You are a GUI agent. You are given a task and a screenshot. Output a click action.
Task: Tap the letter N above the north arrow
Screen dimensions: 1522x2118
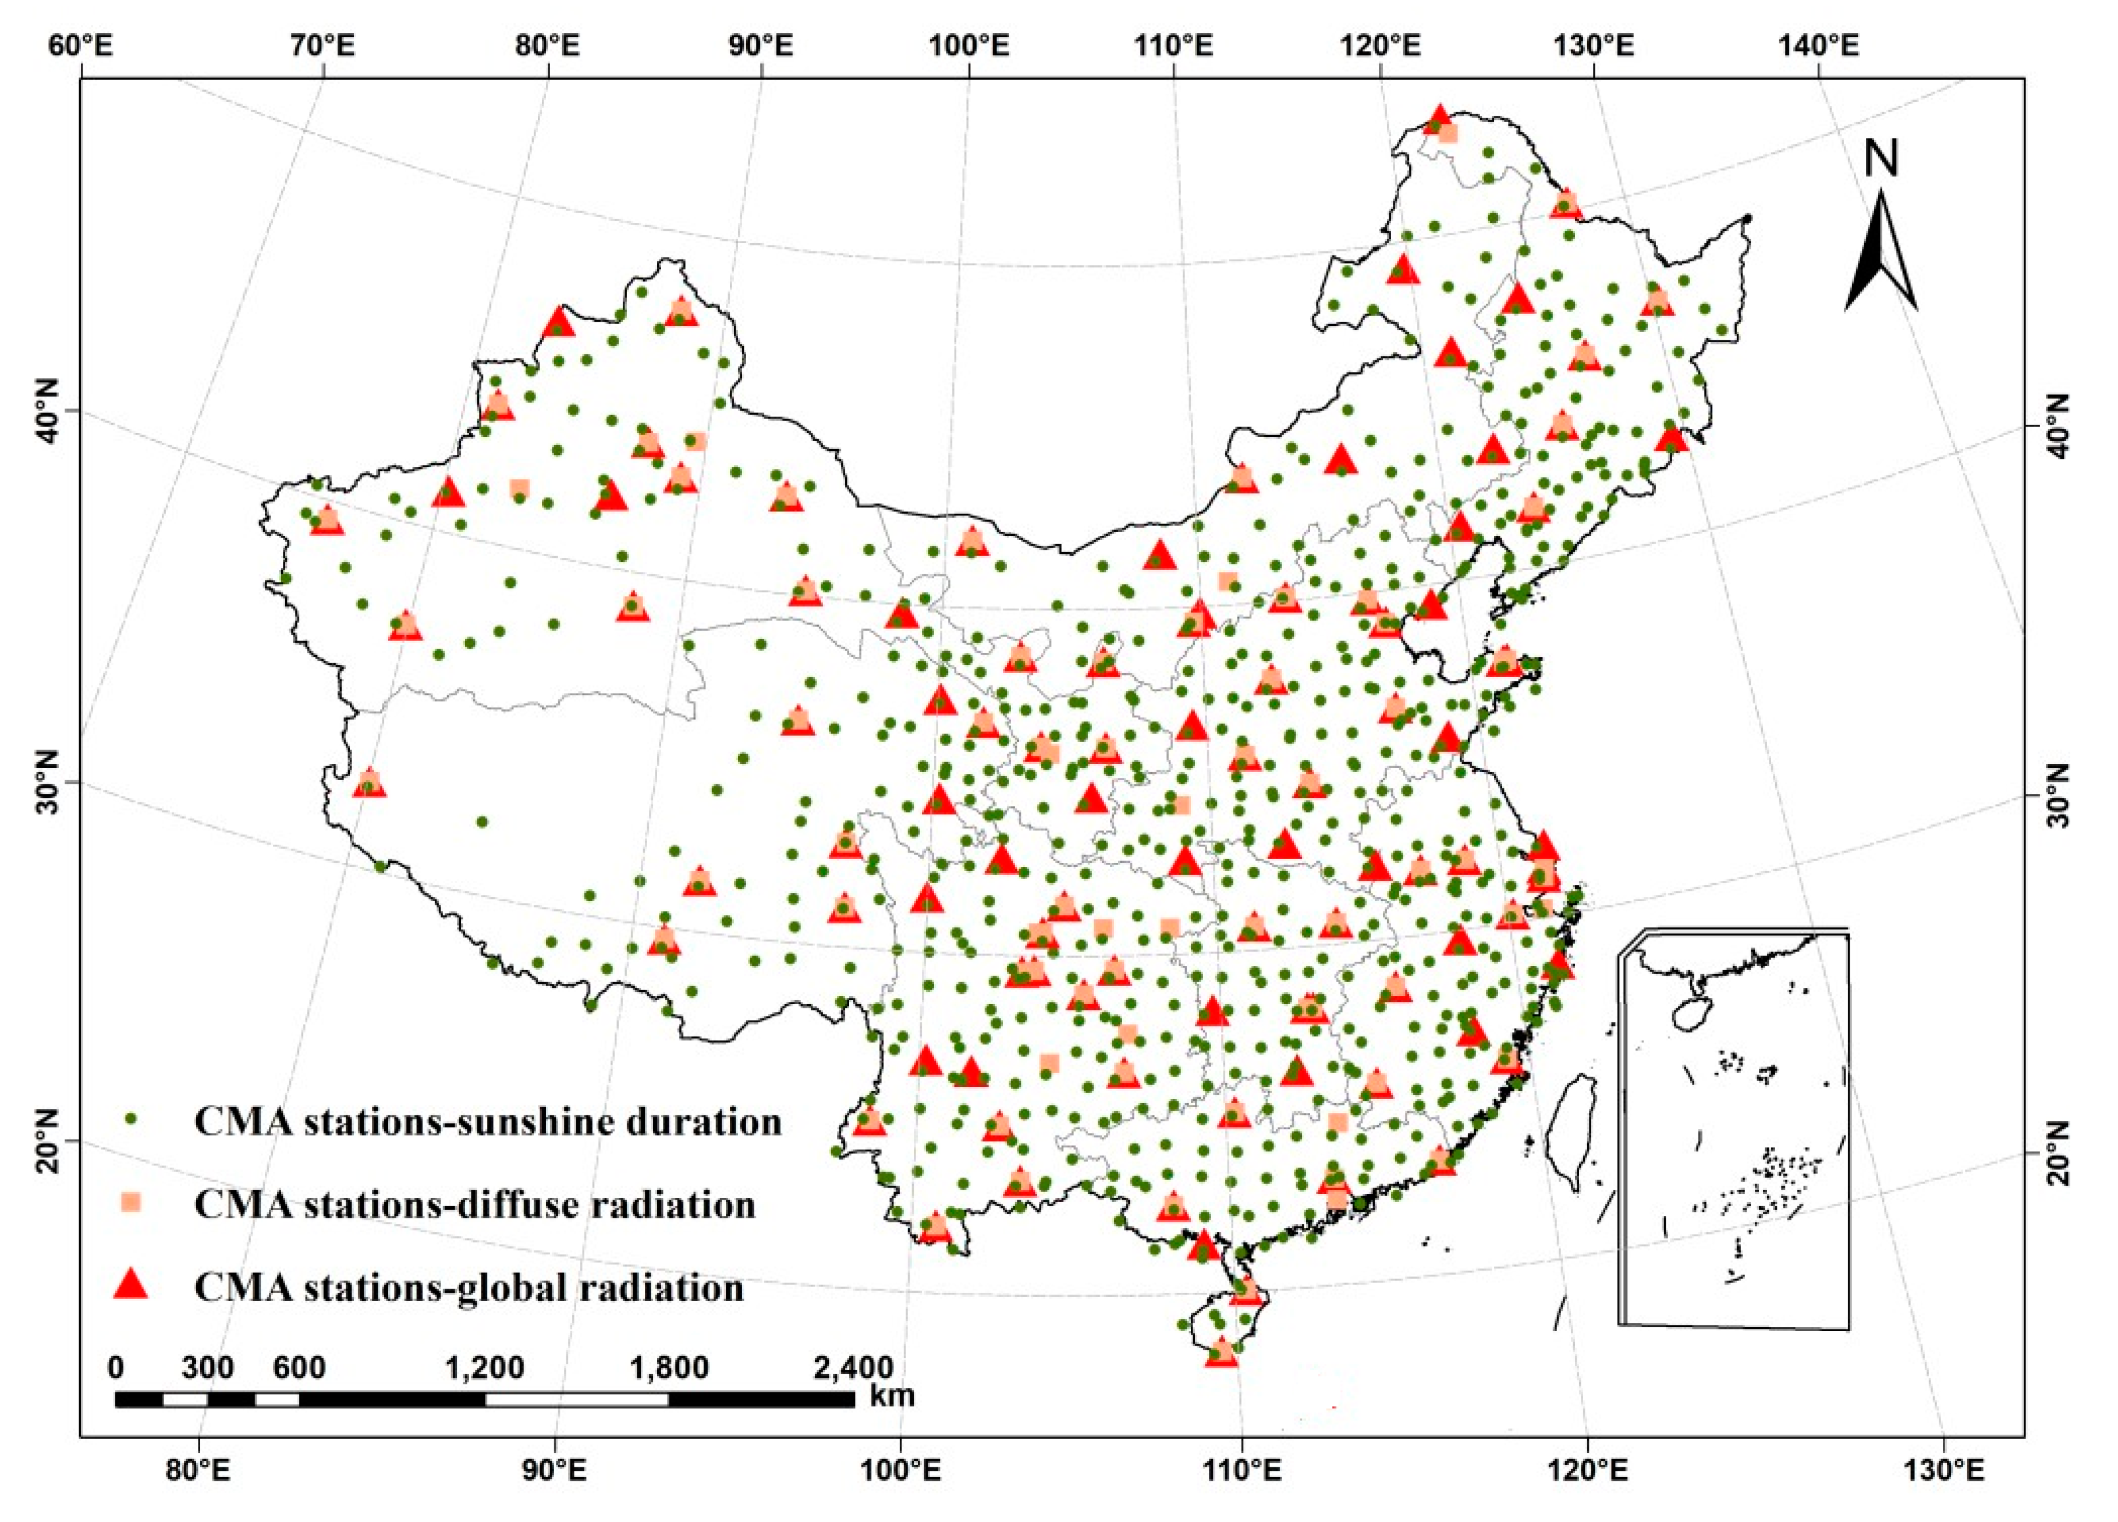[x=1881, y=159]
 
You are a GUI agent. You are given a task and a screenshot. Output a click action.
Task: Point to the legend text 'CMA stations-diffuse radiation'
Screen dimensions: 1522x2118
[x=474, y=1204]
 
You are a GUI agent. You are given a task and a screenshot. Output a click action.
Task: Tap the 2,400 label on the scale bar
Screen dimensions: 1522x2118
[x=853, y=1368]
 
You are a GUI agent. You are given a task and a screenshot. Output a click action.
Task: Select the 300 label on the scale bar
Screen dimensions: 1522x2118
[x=207, y=1368]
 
